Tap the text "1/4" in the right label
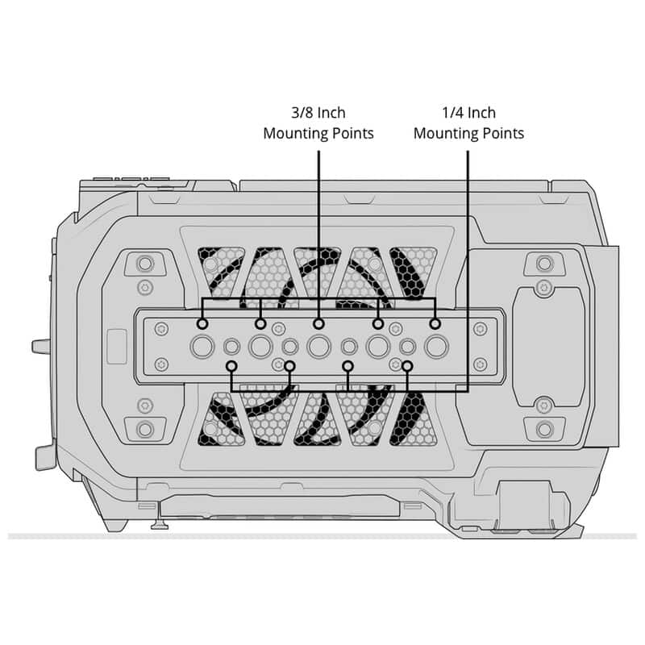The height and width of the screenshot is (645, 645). pyautogui.click(x=452, y=113)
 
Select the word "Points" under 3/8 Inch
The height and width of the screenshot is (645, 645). pyautogui.click(x=352, y=133)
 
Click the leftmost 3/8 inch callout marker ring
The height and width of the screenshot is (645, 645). pyautogui.click(x=202, y=324)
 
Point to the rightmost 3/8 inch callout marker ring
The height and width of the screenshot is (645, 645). pyautogui.click(x=435, y=324)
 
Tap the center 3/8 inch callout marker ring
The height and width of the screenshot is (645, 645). pyautogui.click(x=318, y=324)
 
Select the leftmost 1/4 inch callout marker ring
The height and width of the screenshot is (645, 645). pyautogui.click(x=232, y=366)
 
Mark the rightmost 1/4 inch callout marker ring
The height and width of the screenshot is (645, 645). pyautogui.click(x=407, y=366)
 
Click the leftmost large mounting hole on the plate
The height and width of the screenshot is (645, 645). pyautogui.click(x=202, y=347)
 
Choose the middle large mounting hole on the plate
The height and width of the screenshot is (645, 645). pyautogui.click(x=318, y=347)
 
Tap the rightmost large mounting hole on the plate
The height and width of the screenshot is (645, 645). pyautogui.click(x=436, y=347)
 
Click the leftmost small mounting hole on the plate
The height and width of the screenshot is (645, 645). pyautogui.click(x=231, y=347)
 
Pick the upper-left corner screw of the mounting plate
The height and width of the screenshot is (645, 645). pyautogui.click(x=161, y=329)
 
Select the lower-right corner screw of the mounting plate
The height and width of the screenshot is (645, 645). pyautogui.click(x=480, y=364)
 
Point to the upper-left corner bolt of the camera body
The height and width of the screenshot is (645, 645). pyautogui.click(x=145, y=264)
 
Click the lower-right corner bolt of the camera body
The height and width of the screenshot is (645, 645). pyautogui.click(x=545, y=430)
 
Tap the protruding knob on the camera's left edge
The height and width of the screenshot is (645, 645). pyautogui.click(x=41, y=347)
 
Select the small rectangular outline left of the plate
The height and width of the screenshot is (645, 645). pyautogui.click(x=117, y=347)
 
